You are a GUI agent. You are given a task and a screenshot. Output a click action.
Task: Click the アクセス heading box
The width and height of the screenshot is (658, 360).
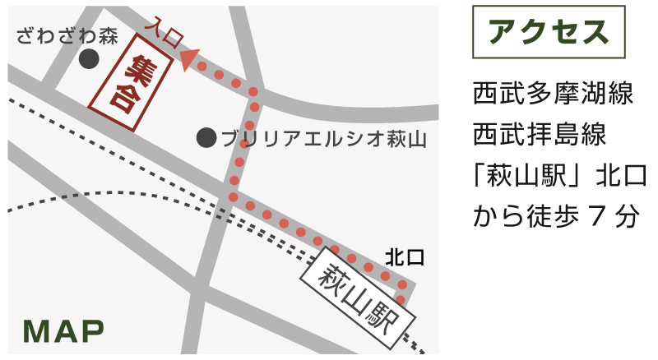point(548,32)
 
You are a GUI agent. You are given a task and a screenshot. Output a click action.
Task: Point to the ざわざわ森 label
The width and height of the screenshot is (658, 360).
point(68,36)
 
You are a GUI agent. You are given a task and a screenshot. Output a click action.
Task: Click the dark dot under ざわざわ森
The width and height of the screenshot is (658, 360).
point(89,59)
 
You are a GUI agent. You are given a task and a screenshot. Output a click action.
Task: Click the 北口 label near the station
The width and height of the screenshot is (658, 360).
point(405,258)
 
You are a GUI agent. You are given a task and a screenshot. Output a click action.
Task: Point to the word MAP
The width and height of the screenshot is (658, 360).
point(63,330)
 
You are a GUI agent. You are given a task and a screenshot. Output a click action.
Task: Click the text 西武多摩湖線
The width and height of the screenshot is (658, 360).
point(553,92)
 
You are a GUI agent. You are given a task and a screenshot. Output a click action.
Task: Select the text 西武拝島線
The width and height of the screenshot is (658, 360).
point(540,133)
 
